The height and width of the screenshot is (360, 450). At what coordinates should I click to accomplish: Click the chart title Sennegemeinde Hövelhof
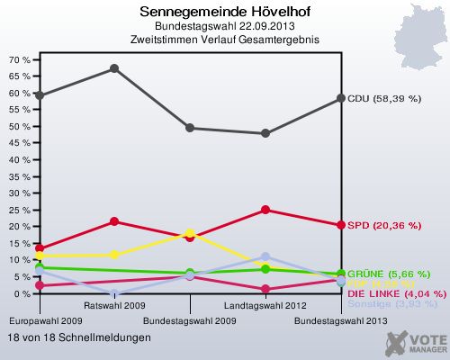(x=211, y=13)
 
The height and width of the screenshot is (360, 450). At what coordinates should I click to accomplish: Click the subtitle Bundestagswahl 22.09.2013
(x=211, y=26)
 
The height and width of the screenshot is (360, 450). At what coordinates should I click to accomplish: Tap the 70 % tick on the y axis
(x=20, y=59)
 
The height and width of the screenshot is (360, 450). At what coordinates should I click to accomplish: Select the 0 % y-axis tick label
(x=22, y=293)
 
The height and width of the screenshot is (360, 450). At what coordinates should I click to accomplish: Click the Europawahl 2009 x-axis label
(x=40, y=320)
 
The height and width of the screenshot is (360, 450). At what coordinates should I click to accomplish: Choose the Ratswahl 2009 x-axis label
(x=114, y=306)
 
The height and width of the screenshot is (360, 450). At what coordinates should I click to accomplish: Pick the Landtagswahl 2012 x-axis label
(x=265, y=306)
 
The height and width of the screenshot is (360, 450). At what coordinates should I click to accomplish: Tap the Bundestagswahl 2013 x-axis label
(x=341, y=320)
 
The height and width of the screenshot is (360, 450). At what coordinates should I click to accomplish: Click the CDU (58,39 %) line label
(x=384, y=98)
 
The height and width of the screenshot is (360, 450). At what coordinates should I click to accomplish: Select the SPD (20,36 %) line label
(x=383, y=225)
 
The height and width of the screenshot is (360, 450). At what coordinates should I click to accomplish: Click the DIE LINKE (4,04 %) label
(x=396, y=293)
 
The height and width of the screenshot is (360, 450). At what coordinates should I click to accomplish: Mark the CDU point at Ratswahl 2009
(x=114, y=68)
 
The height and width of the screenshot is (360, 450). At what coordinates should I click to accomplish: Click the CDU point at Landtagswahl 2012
(x=265, y=133)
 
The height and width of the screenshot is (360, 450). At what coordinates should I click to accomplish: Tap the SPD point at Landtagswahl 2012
(x=265, y=210)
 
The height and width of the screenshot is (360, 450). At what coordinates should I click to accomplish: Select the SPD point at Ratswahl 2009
(x=114, y=221)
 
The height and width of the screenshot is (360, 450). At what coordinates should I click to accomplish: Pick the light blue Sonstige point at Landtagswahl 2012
(x=265, y=257)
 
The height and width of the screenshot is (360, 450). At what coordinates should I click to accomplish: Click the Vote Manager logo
(x=416, y=343)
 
